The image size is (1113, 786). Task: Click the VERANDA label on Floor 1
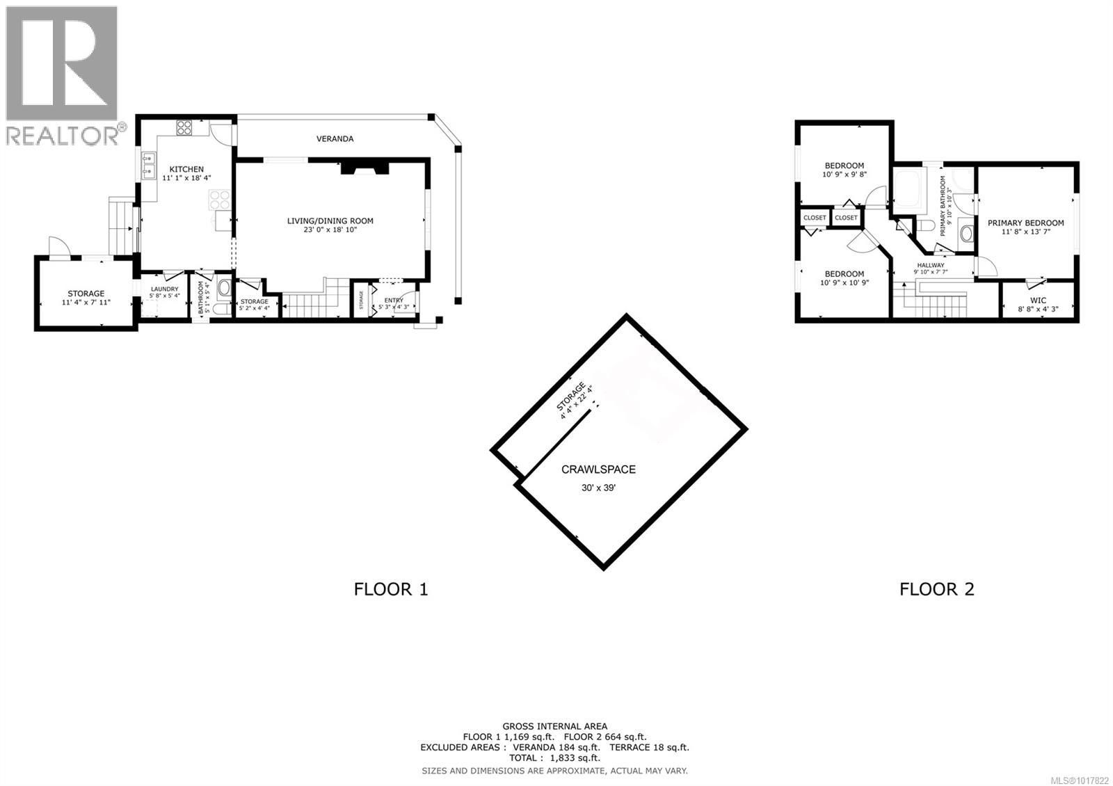coord(335,139)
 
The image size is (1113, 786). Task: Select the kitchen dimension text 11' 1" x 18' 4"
coord(186,178)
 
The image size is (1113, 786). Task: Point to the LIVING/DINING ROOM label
coord(330,221)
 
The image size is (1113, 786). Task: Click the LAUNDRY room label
coord(165,289)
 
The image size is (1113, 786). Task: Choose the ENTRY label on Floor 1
coord(394,300)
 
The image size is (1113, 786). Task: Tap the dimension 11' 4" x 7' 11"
coord(86,303)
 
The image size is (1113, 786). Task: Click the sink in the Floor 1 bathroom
coord(225,288)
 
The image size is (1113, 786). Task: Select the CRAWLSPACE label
coord(598,470)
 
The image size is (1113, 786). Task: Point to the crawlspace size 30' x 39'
coord(598,488)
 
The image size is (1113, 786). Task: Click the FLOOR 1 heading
coord(391,590)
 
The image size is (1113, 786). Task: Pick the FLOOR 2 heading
coord(936,590)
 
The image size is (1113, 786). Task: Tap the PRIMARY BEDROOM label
coord(1025,223)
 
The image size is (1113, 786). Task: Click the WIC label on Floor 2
coord(1038,300)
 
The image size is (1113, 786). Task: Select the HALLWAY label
coord(930,265)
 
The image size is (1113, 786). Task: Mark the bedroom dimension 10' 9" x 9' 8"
coord(844,175)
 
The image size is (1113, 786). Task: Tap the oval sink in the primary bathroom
coord(966,233)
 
